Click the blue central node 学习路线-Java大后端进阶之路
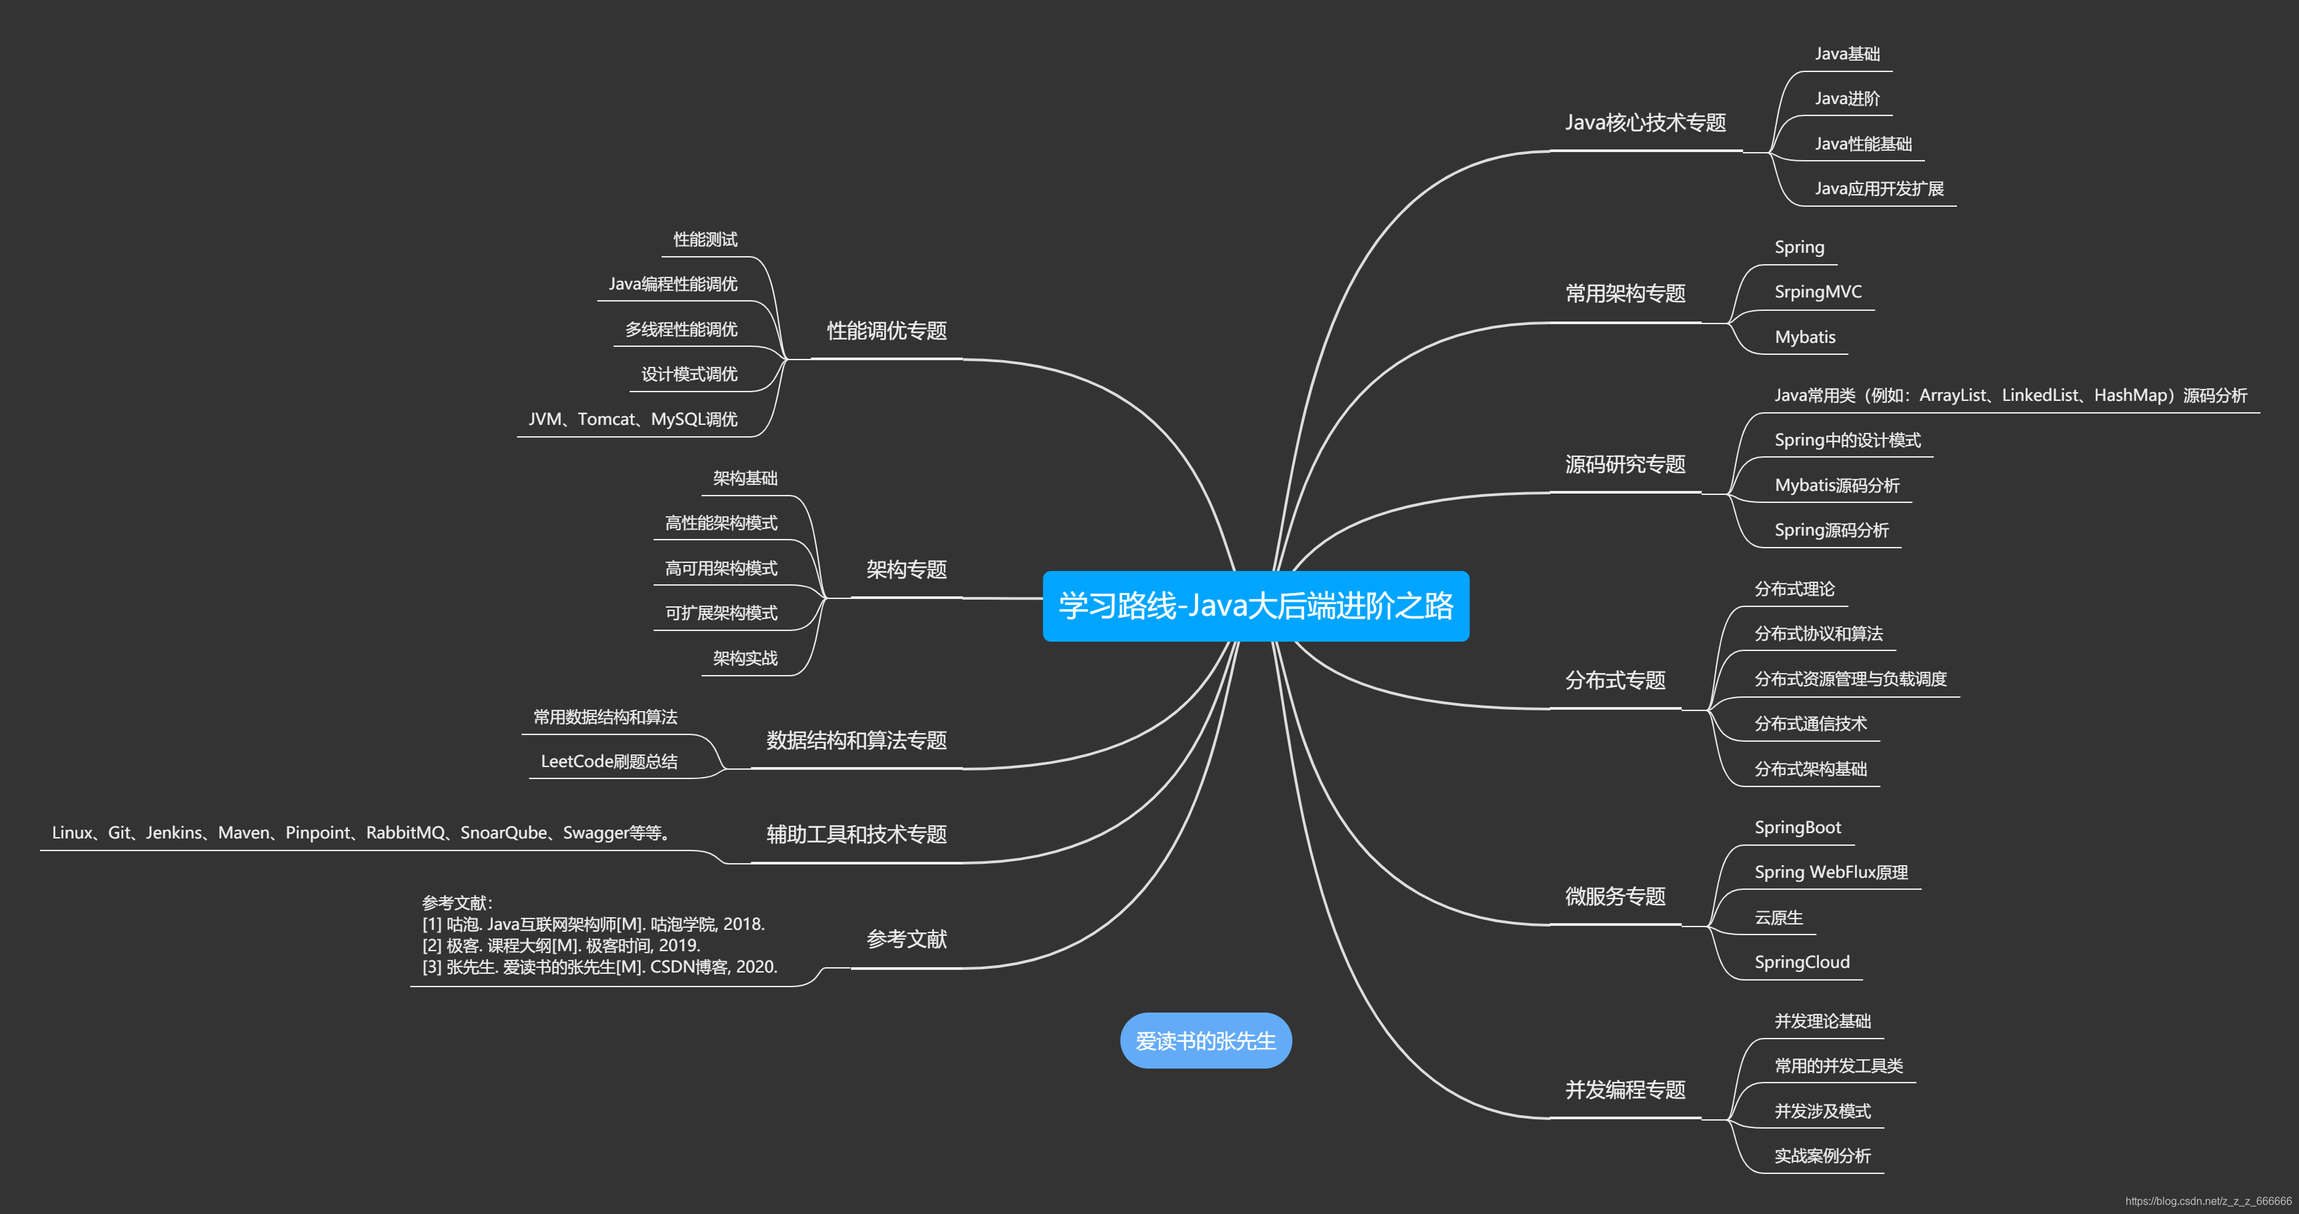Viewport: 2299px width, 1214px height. [1255, 606]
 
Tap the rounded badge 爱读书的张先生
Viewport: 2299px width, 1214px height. [1205, 1041]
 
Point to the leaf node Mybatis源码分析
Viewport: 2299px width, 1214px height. [1837, 486]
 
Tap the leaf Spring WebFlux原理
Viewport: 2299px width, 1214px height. [1830, 872]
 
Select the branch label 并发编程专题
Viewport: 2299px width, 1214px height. [1624, 1090]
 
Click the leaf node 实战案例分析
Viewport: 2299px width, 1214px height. [1822, 1156]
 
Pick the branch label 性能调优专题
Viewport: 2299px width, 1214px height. [886, 331]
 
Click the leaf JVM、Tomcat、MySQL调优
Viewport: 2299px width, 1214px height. [633, 420]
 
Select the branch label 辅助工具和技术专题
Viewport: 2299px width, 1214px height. [856, 834]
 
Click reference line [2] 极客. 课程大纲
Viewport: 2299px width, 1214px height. [561, 945]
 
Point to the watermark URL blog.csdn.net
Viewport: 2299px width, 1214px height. [2207, 1201]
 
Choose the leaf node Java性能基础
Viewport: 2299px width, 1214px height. [1862, 143]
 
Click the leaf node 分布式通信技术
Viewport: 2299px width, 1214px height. [1810, 724]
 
